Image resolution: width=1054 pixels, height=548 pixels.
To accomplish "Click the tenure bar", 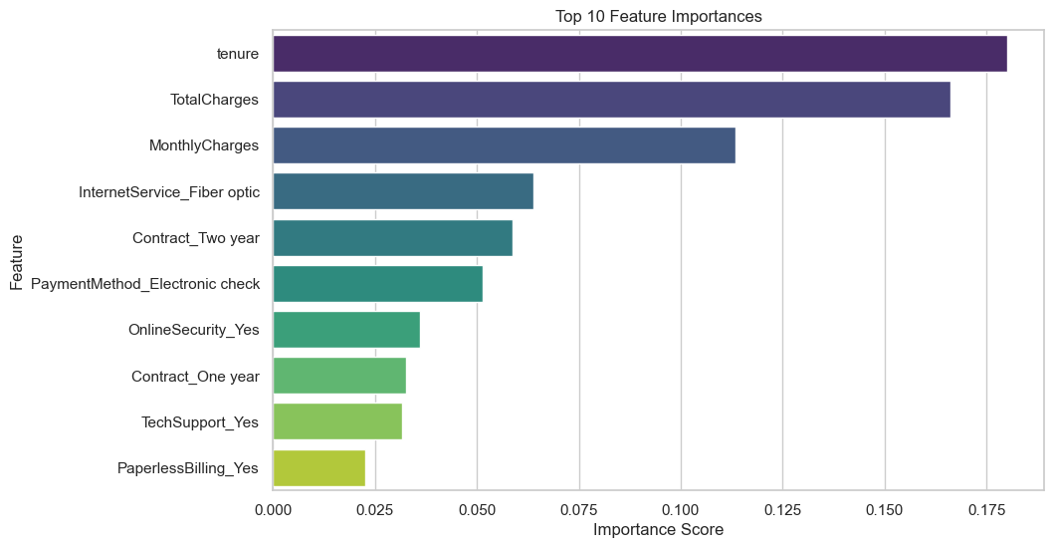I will [x=640, y=54].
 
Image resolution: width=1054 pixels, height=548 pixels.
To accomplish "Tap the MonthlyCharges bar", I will [x=504, y=145].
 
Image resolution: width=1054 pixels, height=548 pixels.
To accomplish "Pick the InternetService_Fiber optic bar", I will [x=403, y=191].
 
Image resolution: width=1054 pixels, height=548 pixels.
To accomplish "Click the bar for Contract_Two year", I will [x=392, y=237].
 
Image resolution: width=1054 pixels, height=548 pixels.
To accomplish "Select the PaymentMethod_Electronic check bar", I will [x=377, y=284].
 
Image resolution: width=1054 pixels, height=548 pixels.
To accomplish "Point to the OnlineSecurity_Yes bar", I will [x=346, y=330].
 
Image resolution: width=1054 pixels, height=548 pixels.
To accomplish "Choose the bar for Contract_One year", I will [x=339, y=376].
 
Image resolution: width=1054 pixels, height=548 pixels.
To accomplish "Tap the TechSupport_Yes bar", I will [x=337, y=421].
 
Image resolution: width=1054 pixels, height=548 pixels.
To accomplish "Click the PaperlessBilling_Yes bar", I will [x=318, y=467].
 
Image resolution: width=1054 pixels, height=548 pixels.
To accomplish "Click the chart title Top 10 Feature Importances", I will [x=658, y=16].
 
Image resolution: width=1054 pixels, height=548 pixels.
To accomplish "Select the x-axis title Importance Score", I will [x=658, y=530].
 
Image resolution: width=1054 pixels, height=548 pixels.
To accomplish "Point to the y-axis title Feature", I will [x=17, y=263].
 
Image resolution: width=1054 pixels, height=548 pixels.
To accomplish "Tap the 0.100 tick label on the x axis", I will [x=681, y=509].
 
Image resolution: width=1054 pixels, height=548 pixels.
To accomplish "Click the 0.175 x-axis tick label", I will [x=986, y=509].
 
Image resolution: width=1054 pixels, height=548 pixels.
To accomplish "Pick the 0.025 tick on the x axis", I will [x=375, y=509].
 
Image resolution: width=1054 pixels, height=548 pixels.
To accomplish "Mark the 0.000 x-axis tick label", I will [x=273, y=509].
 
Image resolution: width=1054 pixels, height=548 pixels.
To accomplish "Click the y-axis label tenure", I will [x=238, y=54].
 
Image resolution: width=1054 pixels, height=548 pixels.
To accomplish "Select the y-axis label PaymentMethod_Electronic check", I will [x=145, y=284].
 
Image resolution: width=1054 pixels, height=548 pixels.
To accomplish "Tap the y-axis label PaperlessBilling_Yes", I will [x=188, y=467].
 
